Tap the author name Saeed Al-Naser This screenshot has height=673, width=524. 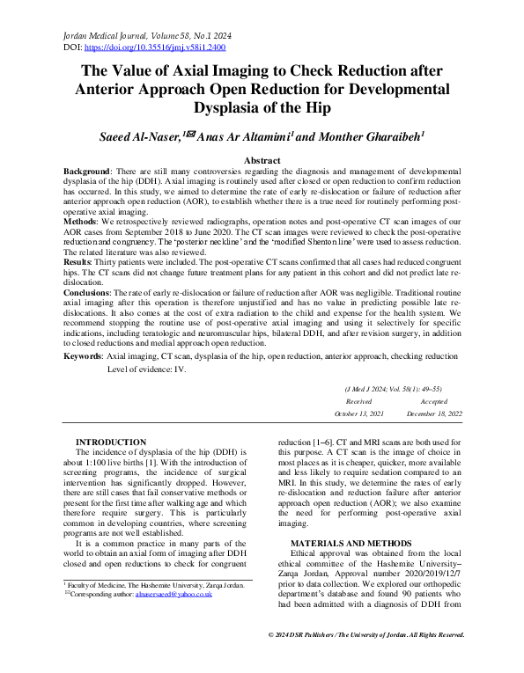(x=149, y=136)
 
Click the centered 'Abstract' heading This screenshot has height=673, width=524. (x=262, y=160)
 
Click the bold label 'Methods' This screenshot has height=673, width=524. (x=86, y=221)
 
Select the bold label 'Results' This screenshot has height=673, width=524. (x=84, y=262)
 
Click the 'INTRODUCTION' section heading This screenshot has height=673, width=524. (x=111, y=442)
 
